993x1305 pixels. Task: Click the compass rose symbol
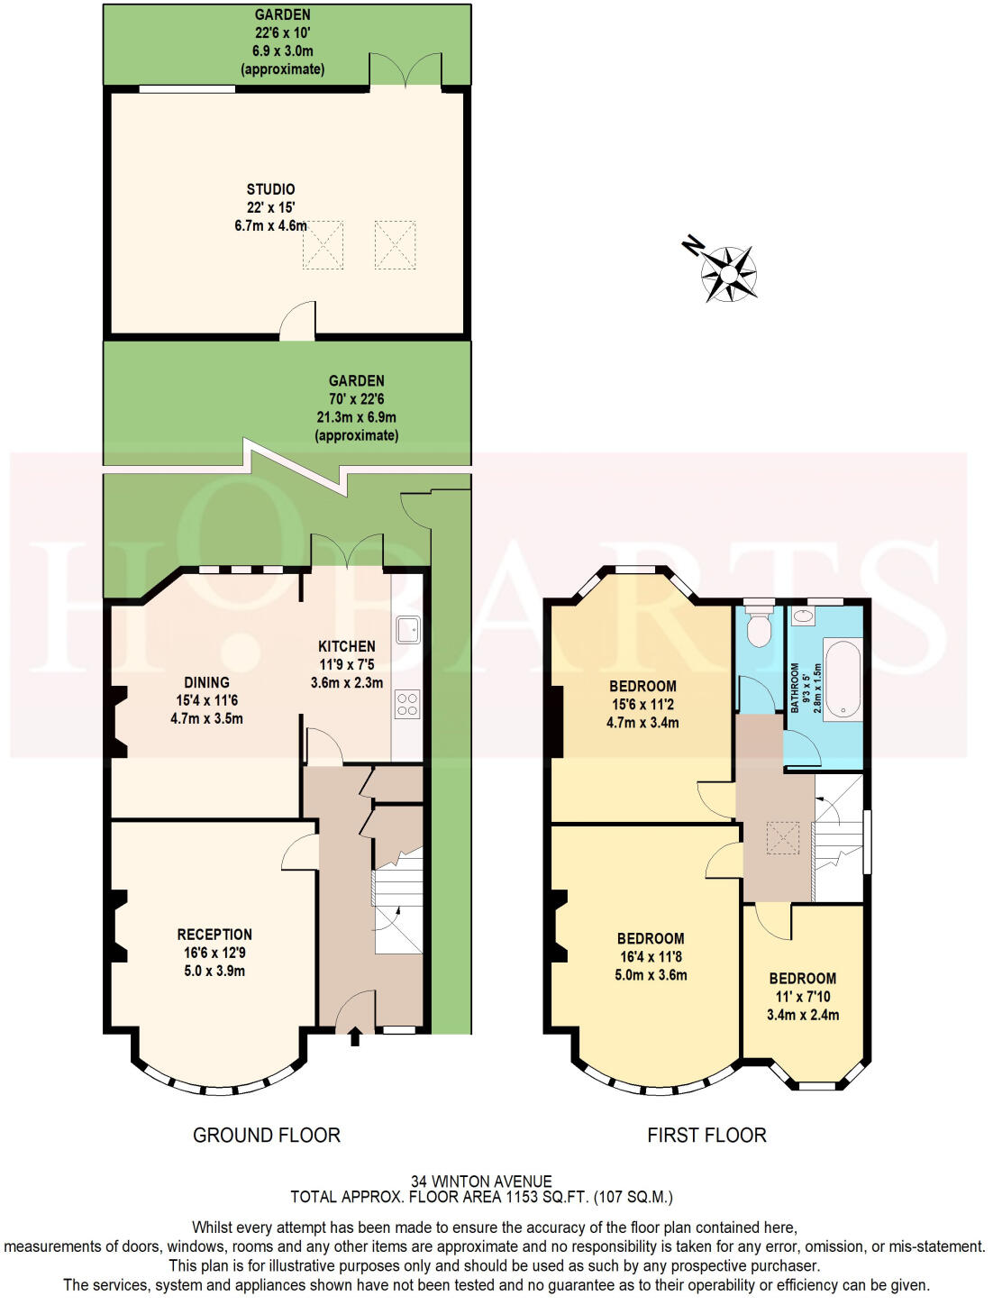point(728,272)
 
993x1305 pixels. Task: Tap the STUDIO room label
point(270,189)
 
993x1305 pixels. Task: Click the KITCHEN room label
point(347,646)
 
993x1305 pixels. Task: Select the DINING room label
point(206,682)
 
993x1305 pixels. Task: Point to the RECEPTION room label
point(214,935)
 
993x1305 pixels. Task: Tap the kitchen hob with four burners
point(407,704)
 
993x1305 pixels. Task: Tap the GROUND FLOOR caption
point(267,1136)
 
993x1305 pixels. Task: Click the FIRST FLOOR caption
point(706,1136)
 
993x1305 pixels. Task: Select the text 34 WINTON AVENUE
point(481,1181)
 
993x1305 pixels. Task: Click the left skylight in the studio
point(323,244)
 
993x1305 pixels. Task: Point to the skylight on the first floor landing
point(781,838)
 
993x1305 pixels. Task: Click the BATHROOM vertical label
point(796,688)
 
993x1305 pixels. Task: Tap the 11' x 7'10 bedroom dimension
point(803,997)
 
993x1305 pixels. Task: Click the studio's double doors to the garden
point(406,70)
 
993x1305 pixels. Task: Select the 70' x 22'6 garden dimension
point(356,399)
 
